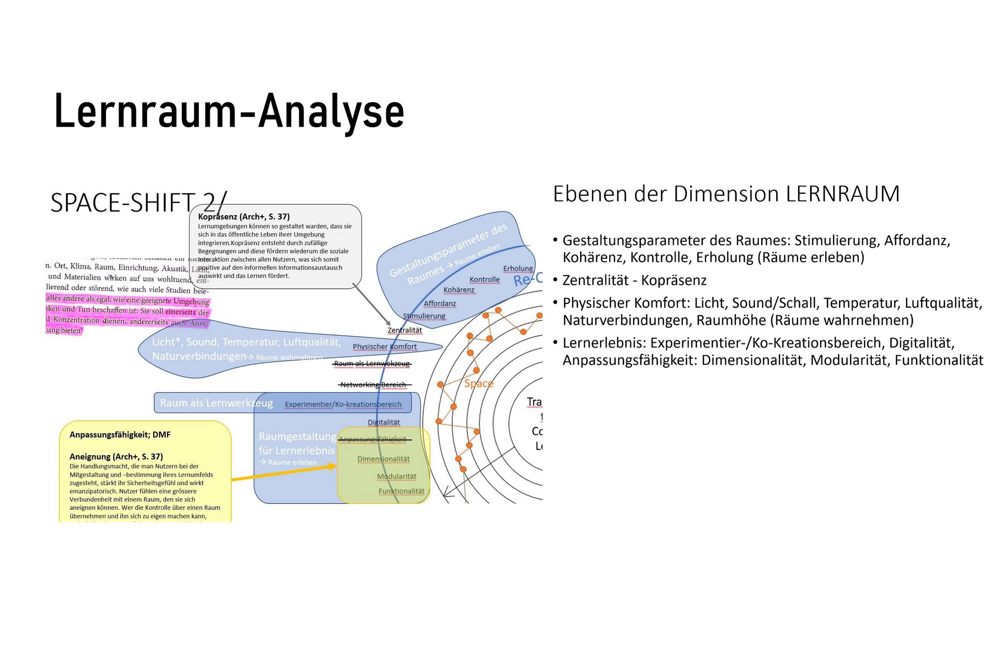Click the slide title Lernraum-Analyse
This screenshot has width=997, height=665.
click(x=229, y=112)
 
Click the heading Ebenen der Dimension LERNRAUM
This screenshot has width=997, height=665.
click(x=726, y=194)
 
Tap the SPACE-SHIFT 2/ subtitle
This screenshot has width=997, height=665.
click(x=138, y=203)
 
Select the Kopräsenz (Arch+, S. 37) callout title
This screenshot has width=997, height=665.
click(x=244, y=217)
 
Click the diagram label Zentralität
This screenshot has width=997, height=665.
click(x=405, y=330)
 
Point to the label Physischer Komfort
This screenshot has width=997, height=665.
click(x=384, y=347)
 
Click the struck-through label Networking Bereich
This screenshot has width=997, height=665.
click(x=373, y=385)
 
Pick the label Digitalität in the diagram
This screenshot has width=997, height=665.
click(x=384, y=422)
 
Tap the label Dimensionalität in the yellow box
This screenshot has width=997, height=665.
click(x=383, y=459)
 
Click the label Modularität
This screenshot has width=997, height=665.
click(x=396, y=476)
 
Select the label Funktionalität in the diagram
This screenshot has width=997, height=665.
click(x=401, y=491)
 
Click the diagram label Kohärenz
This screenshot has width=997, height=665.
click(x=459, y=290)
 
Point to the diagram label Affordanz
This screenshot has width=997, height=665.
click(x=440, y=303)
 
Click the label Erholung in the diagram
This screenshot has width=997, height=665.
click(x=518, y=269)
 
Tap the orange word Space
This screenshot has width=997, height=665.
click(x=478, y=383)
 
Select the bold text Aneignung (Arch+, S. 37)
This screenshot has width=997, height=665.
click(x=116, y=457)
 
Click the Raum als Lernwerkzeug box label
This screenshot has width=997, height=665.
click(x=216, y=403)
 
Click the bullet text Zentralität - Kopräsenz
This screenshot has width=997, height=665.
click(x=634, y=281)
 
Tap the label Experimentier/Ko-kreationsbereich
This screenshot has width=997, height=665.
click(x=343, y=404)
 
